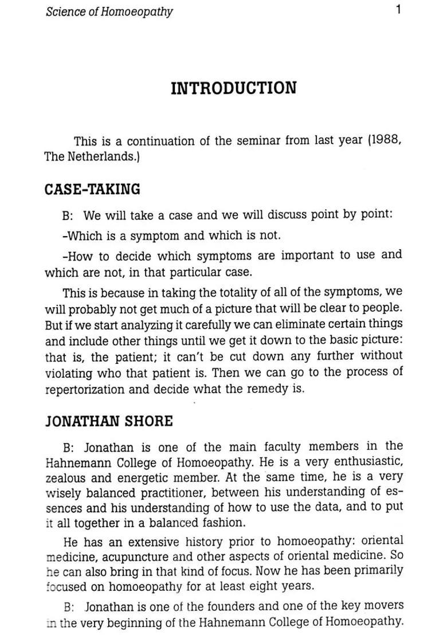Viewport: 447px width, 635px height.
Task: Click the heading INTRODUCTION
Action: point(234,88)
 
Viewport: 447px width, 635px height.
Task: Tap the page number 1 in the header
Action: point(398,10)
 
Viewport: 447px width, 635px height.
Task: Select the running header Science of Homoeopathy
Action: point(109,11)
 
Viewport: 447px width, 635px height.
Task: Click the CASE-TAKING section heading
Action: point(92,189)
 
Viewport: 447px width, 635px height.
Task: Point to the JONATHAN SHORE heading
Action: point(109,421)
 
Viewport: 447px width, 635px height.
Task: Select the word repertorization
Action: point(76,389)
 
